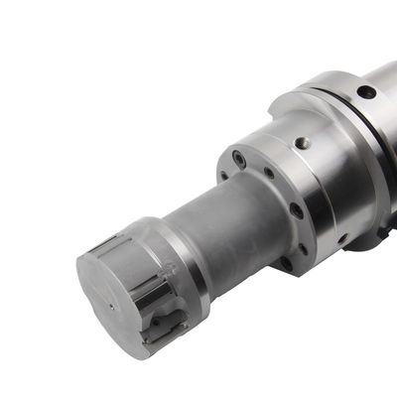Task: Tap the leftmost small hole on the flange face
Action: [x=223, y=176]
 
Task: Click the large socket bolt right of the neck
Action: [x=296, y=210]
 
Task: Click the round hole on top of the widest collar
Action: [x=366, y=92]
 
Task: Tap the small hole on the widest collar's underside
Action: [x=342, y=238]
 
